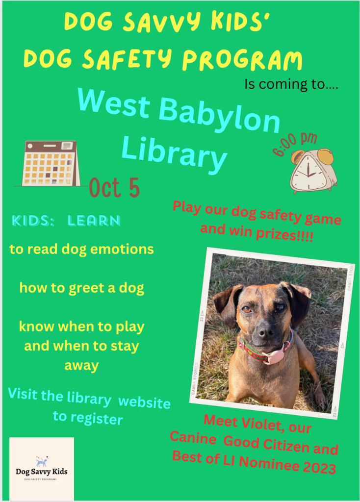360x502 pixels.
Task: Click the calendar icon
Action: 51,163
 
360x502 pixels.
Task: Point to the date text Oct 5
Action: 114,188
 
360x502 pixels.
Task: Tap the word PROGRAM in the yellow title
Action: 242,60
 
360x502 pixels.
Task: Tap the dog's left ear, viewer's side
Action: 227,303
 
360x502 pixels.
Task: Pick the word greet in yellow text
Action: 87,288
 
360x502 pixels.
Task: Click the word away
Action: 81,366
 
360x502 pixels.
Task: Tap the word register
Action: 97,419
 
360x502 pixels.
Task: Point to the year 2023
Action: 319,468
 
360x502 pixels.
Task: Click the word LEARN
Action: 94,221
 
